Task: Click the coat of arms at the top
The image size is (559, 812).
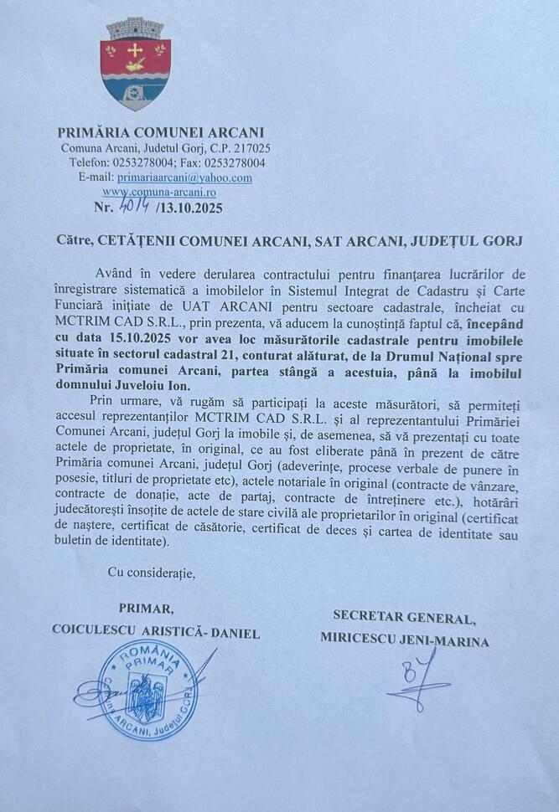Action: (x=135, y=63)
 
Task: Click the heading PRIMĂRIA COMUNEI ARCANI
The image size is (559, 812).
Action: (x=160, y=132)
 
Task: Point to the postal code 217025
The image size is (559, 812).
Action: (x=249, y=148)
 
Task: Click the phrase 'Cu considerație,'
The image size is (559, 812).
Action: (x=151, y=573)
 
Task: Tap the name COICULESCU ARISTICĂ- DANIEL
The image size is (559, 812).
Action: (x=156, y=632)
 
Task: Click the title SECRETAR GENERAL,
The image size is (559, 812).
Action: (x=404, y=618)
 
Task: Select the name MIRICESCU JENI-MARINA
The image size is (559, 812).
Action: (x=405, y=639)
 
